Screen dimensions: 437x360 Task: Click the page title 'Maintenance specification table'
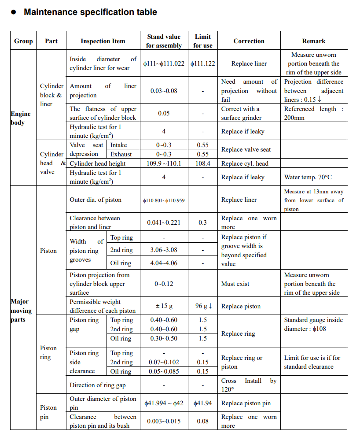tap(90, 12)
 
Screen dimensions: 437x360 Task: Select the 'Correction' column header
tap(249, 41)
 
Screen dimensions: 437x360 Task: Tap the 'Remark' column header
tap(313, 41)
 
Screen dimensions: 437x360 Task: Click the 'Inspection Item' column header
tap(103, 41)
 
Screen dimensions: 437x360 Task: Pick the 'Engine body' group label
tap(21, 118)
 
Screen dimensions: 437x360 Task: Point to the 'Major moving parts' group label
tap(21, 311)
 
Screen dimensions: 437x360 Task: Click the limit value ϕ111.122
tap(203, 63)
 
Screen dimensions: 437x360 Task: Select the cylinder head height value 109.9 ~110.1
tap(163, 163)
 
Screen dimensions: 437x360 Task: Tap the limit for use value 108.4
tap(202, 163)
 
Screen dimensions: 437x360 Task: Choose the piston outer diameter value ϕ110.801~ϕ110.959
tap(164, 200)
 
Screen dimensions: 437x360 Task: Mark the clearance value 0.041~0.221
tap(164, 222)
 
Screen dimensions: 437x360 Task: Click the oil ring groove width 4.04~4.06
tap(164, 263)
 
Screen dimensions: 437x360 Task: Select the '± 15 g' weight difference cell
tap(164, 306)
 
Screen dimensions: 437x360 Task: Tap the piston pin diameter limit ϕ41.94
tap(203, 403)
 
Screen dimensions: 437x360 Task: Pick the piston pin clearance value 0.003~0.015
tap(164, 421)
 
